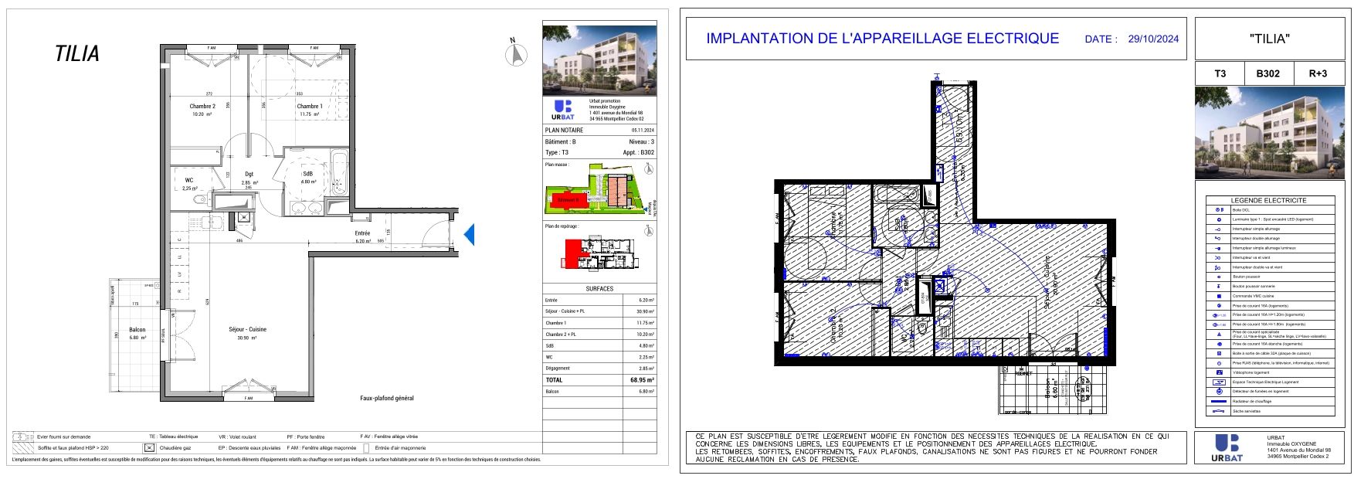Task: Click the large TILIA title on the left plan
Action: coord(77,54)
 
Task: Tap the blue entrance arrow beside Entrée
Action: coord(468,234)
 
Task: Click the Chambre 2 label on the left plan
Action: coord(202,107)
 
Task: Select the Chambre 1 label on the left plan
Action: coord(310,107)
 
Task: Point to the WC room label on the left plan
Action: coord(189,180)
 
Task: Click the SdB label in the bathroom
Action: coord(307,174)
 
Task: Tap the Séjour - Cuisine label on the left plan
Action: coord(247,329)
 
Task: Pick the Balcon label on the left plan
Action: coord(137,330)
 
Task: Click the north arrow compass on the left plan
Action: coord(516,54)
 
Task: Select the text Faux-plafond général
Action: coord(387,399)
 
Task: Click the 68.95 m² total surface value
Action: coord(642,380)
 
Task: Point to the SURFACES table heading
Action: coord(599,289)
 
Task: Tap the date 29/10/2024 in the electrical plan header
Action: coord(1153,39)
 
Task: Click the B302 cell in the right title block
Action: coord(1267,74)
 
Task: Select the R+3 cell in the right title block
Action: coord(1318,74)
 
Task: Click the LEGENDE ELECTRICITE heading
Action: coord(1268,200)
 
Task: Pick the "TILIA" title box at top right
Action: coord(1269,39)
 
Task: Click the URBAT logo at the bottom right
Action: coord(1228,447)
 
